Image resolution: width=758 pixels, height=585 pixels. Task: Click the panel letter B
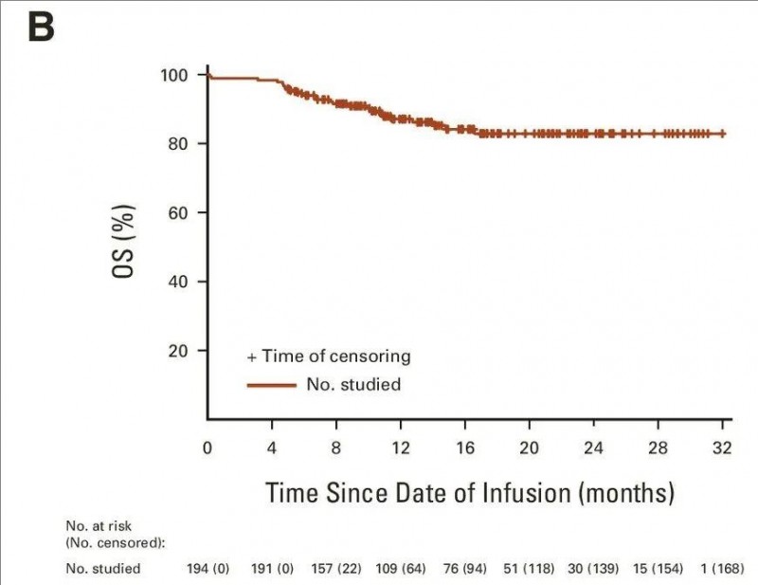pyautogui.click(x=41, y=27)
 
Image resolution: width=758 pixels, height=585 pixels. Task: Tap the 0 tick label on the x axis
pyautogui.click(x=208, y=447)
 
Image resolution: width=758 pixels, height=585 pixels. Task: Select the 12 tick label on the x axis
pyautogui.click(x=401, y=447)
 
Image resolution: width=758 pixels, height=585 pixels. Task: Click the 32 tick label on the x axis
pyautogui.click(x=723, y=447)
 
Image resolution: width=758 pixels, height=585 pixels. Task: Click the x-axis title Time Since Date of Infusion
pyautogui.click(x=469, y=493)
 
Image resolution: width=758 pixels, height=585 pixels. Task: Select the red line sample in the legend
pyautogui.click(x=271, y=385)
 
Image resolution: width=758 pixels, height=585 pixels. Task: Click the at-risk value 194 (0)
pyautogui.click(x=208, y=568)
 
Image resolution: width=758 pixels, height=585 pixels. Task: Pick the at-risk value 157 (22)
pyautogui.click(x=336, y=568)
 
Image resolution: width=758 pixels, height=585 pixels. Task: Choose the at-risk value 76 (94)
pyautogui.click(x=465, y=568)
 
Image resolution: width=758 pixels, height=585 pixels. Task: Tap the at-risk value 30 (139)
pyautogui.click(x=594, y=568)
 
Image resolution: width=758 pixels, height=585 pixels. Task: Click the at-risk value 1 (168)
pyautogui.click(x=723, y=568)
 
